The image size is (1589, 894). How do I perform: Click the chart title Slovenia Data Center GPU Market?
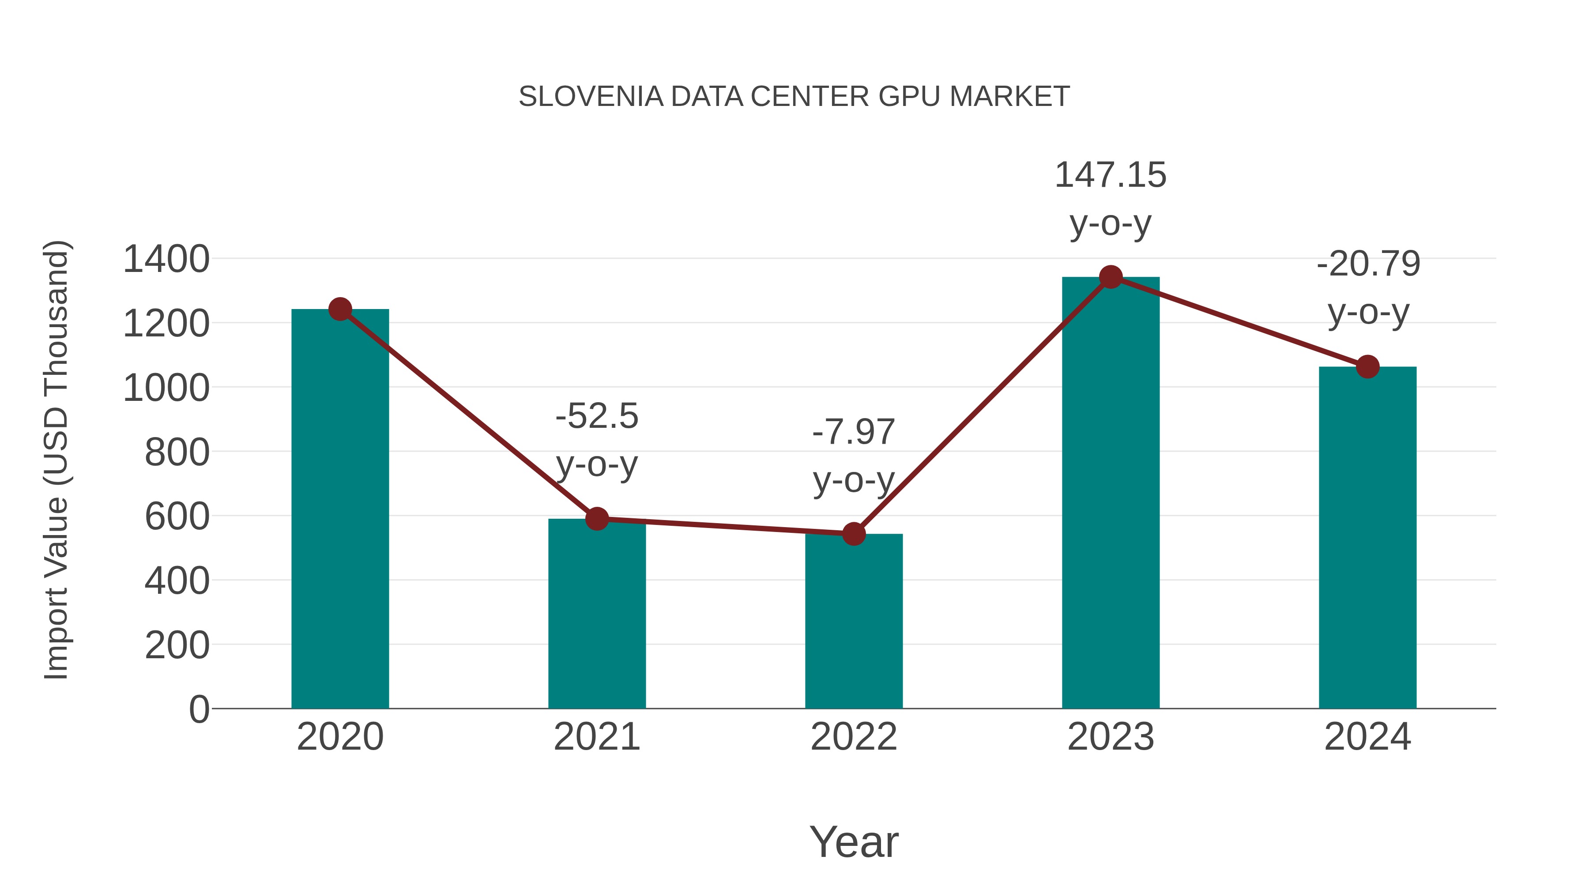click(x=794, y=97)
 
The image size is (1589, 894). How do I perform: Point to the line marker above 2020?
click(x=340, y=309)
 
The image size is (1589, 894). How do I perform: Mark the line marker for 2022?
click(x=854, y=534)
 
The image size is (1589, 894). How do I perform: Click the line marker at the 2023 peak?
click(x=1111, y=277)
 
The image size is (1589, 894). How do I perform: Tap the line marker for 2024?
click(x=1367, y=366)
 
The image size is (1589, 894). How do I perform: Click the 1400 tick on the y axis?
click(x=166, y=259)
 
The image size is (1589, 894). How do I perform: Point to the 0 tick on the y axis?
click(x=199, y=709)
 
